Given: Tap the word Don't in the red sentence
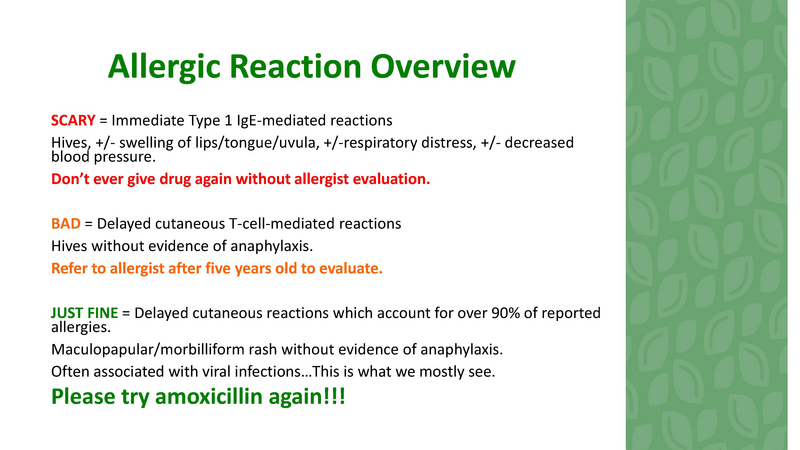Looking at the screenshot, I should (72, 180).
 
